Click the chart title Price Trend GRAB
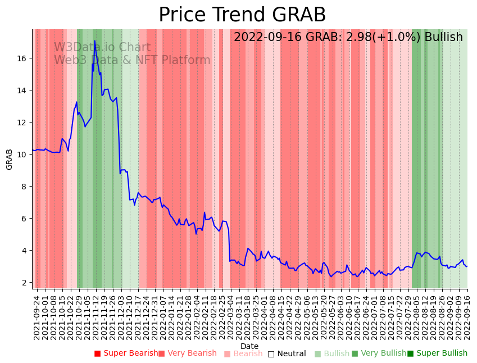pos(242,15)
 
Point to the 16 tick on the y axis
pos(24,58)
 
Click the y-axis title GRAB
pos(9,159)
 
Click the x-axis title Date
pos(249,346)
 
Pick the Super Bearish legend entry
pos(126,353)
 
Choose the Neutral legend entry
pos(287,353)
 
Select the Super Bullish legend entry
pos(437,353)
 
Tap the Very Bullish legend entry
pos(379,353)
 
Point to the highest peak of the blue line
pos(94,41)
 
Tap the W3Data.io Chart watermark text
pos(102,48)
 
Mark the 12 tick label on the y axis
pos(24,122)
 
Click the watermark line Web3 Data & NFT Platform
pos(132,61)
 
